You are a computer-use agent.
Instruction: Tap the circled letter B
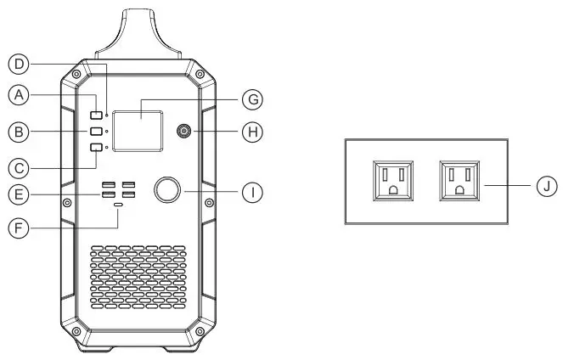tap(18, 132)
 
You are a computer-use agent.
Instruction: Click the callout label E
tap(18, 194)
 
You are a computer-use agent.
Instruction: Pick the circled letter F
tap(18, 228)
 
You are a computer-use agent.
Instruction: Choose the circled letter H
tap(250, 132)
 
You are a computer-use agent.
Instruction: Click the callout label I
tap(250, 193)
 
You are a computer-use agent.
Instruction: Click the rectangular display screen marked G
tap(141, 131)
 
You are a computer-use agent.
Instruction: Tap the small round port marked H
tap(183, 132)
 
